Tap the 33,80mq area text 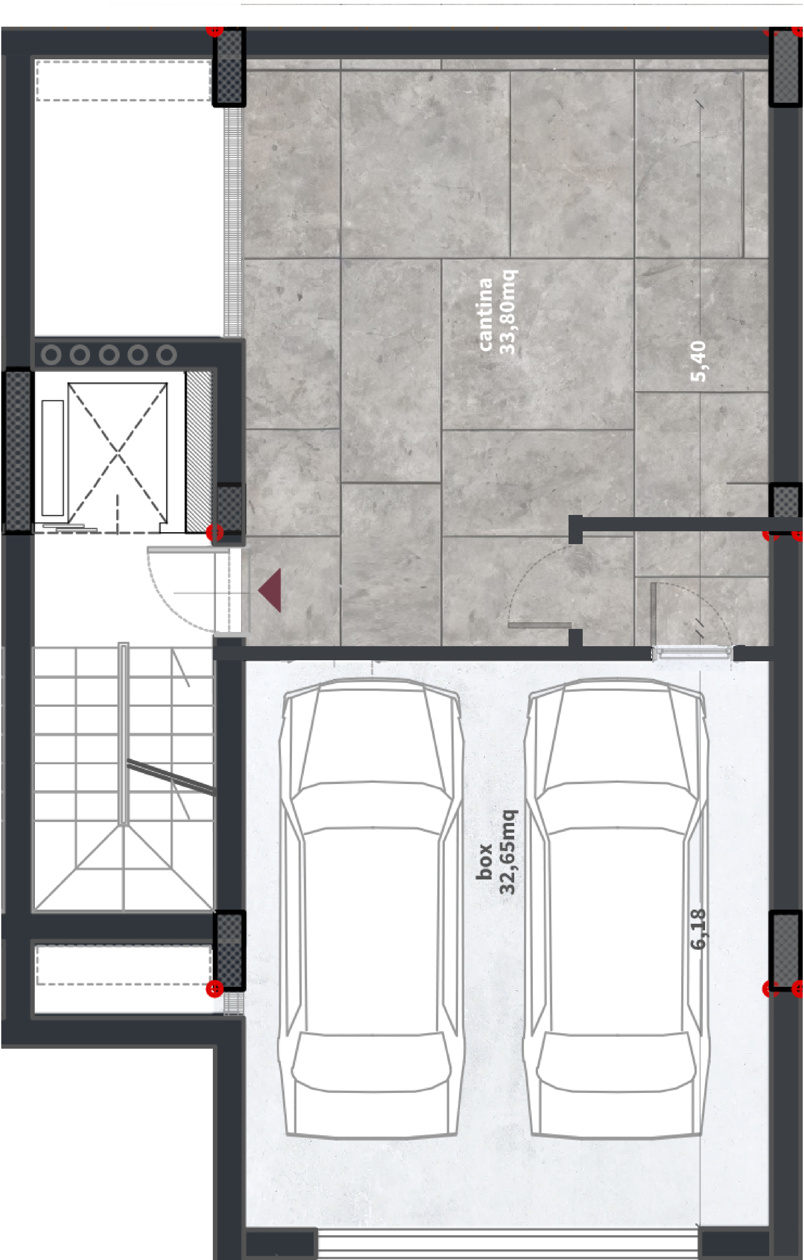click(508, 312)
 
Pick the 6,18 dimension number click(698, 929)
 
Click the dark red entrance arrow click(270, 590)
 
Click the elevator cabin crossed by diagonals click(118, 453)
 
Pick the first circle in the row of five click(51, 355)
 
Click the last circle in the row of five click(166, 355)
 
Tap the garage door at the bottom click(507, 1244)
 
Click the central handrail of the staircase click(123, 734)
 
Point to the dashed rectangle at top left click(123, 81)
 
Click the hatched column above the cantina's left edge click(229, 67)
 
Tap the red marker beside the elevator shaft click(214, 533)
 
